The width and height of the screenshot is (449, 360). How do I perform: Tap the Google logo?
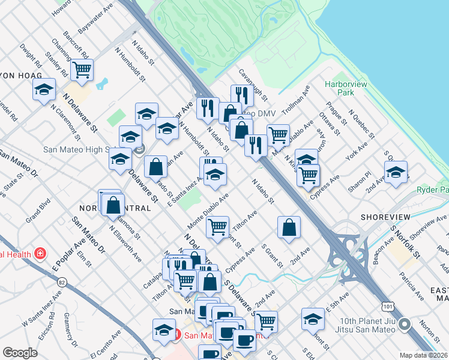click(20, 353)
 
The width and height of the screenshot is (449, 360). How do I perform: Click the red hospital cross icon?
click(40, 254)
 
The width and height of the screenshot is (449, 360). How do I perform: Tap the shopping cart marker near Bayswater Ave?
click(82, 70)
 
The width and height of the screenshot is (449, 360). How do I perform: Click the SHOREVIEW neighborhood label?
click(385, 217)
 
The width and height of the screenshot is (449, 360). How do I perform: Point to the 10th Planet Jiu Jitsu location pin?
click(405, 325)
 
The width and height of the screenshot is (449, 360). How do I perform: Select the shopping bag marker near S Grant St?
click(289, 227)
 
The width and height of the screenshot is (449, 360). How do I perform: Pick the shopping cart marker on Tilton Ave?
click(217, 227)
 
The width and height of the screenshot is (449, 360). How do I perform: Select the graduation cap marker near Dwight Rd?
click(43, 90)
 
